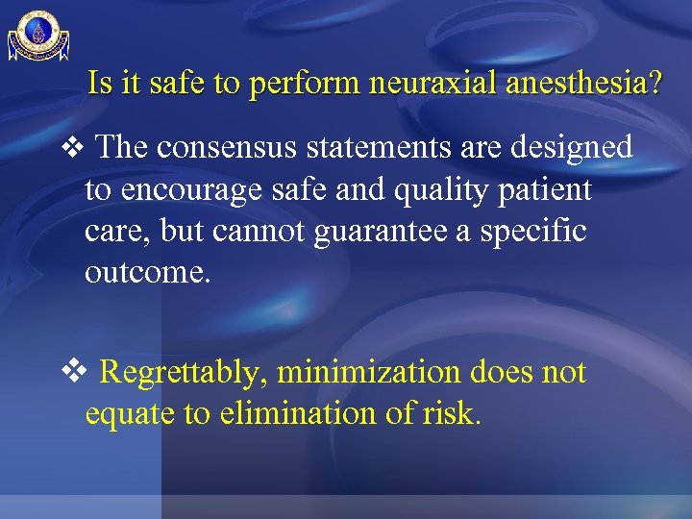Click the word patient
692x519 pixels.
click(x=545, y=190)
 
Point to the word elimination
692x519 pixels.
click(x=275, y=413)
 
